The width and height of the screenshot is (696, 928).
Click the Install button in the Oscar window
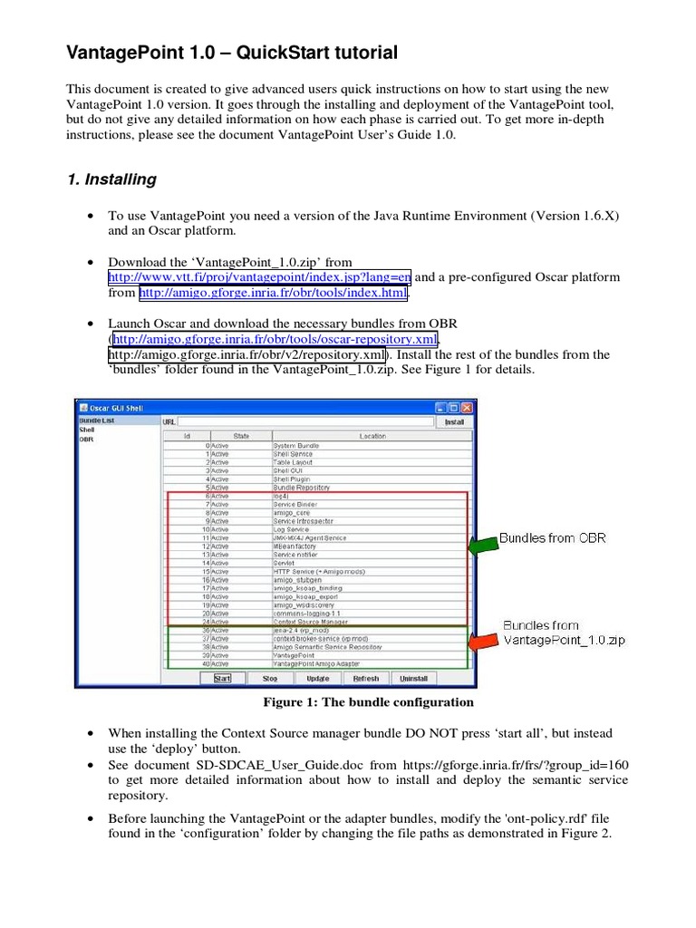[454, 421]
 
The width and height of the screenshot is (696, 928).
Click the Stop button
[270, 678]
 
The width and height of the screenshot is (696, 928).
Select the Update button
[317, 678]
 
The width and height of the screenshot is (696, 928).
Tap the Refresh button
[365, 678]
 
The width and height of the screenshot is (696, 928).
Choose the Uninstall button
[413, 678]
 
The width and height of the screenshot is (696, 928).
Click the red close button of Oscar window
[467, 408]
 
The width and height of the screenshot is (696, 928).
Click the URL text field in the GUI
[305, 421]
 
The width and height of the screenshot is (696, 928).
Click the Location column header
[372, 436]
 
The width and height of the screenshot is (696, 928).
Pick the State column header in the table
[241, 436]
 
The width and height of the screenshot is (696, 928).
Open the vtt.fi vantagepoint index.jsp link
[260, 277]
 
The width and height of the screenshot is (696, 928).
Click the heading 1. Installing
[111, 179]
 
